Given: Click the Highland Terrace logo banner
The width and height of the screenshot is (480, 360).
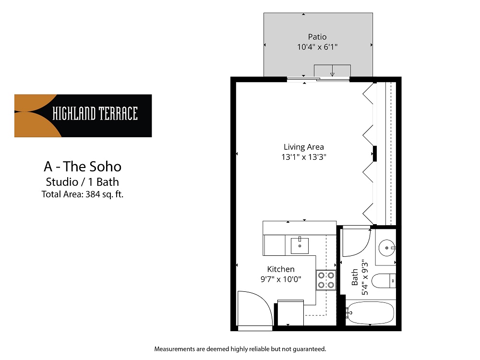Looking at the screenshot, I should point(83,116).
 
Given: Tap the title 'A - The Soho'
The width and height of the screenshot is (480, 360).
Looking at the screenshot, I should point(83,167).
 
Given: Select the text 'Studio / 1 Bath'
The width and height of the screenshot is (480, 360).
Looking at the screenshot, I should point(83,182).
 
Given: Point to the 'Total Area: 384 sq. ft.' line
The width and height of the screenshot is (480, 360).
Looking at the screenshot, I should point(83,194).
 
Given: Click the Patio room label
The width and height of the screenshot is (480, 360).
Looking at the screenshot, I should point(317,37).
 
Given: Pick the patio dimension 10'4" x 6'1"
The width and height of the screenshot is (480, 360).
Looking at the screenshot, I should point(317,47).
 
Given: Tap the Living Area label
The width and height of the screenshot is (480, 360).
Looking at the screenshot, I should point(304,147).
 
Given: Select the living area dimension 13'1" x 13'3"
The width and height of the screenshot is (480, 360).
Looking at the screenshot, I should point(304,156).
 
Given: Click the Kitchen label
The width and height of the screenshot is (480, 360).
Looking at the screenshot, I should point(281,269).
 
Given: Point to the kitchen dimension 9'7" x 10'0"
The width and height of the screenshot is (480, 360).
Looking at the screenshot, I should point(281,279).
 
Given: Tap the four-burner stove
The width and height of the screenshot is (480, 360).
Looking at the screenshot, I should point(325,280).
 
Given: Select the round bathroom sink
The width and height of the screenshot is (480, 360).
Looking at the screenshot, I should point(386,248).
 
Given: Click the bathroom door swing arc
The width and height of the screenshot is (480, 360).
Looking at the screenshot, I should point(358,242).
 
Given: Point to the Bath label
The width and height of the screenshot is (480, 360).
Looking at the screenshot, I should point(355,277).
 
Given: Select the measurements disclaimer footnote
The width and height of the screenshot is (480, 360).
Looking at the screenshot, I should point(240,348).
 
